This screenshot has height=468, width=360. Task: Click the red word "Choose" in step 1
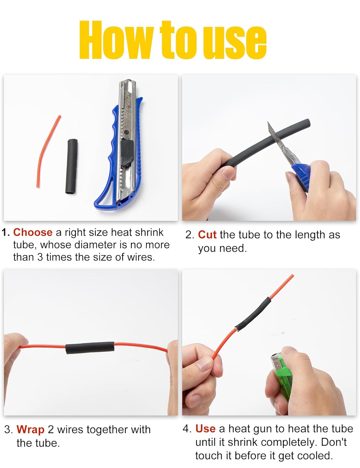point(33,232)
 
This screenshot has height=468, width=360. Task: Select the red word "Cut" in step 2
point(207,235)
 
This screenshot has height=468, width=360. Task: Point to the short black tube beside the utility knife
point(71,167)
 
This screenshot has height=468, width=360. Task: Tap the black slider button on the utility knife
point(127,153)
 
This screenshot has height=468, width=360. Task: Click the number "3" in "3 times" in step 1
point(40,257)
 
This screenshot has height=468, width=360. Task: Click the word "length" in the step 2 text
point(310,235)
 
